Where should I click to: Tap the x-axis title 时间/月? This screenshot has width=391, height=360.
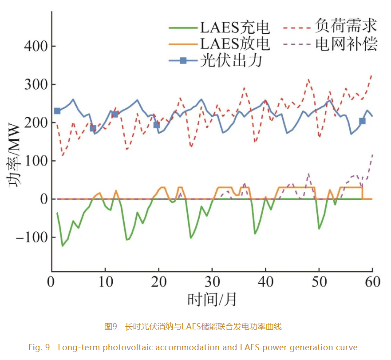(212, 301)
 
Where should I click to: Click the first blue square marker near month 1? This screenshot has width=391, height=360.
(57, 111)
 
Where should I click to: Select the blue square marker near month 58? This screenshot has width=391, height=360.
(362, 121)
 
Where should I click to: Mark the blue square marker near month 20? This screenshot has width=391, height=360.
(156, 125)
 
